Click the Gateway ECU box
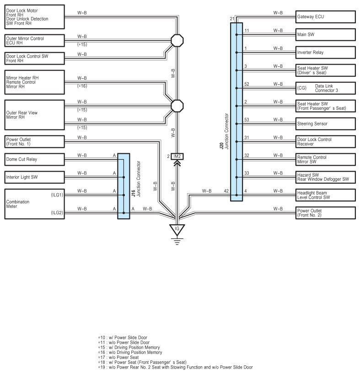click(x=325, y=16)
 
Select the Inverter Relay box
click(x=325, y=53)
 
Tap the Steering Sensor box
click(x=325, y=124)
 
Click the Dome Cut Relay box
click(x=35, y=159)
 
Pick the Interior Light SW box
click(x=35, y=177)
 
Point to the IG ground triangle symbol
click(x=177, y=230)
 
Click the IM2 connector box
click(x=177, y=157)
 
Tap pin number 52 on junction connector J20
click(x=247, y=84)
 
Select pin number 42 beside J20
click(x=226, y=191)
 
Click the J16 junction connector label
click(x=136, y=179)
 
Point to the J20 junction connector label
click(x=224, y=131)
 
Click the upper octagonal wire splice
click(x=177, y=40)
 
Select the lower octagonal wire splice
click(x=177, y=106)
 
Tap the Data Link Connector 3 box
click(x=325, y=88)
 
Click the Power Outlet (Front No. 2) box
click(x=325, y=213)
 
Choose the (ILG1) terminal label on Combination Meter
click(x=57, y=195)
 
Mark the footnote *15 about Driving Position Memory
click(x=129, y=347)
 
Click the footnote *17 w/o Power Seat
click(x=118, y=358)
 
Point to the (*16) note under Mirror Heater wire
click(x=82, y=86)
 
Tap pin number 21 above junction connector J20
click(x=232, y=19)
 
